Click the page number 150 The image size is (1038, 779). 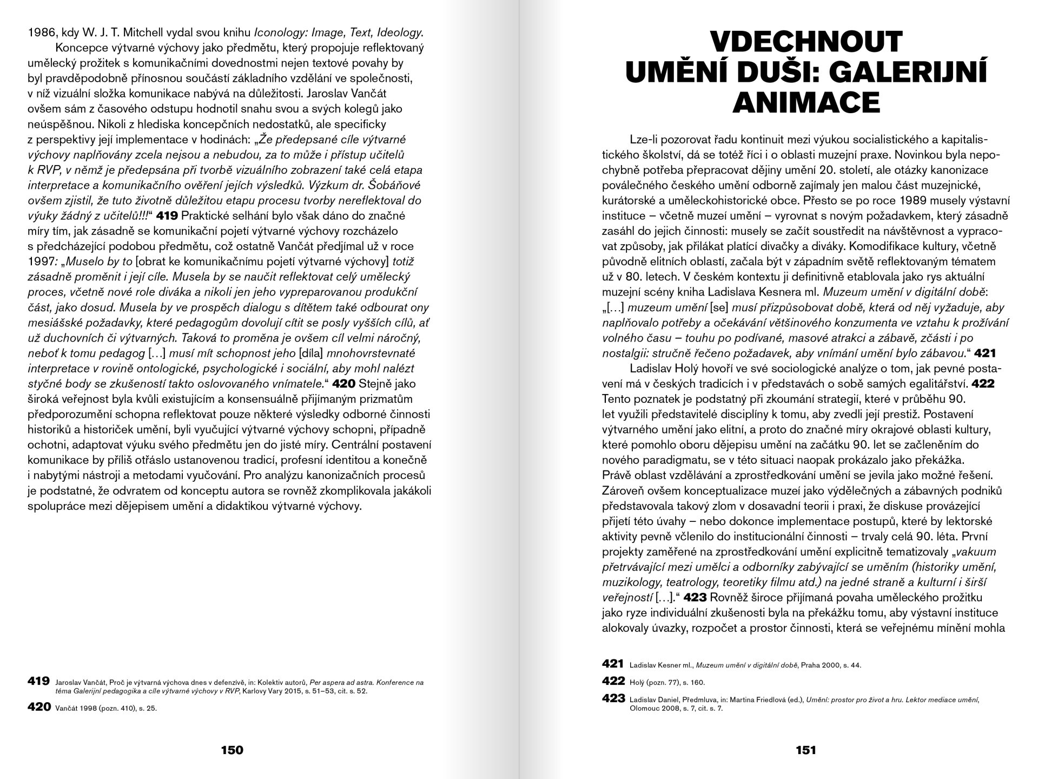[x=232, y=750]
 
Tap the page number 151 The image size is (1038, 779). [x=805, y=750]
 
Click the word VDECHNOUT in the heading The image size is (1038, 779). [x=806, y=42]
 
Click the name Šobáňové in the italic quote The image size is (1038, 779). [x=396, y=185]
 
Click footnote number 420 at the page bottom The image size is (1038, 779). [x=39, y=706]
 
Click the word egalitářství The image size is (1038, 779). [x=934, y=384]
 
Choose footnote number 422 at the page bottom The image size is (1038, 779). [x=613, y=681]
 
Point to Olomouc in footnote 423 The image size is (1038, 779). [x=645, y=708]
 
